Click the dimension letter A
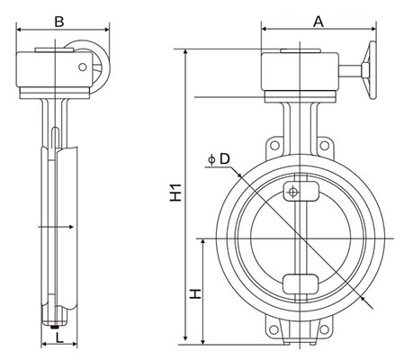click(x=317, y=21)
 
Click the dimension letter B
click(x=59, y=20)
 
